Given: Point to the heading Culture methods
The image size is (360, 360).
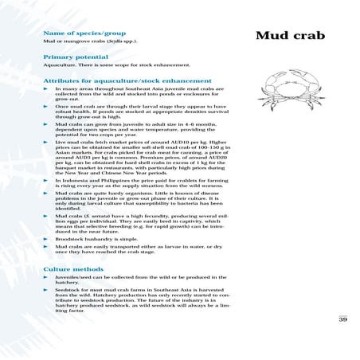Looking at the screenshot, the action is (x=66, y=271).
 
